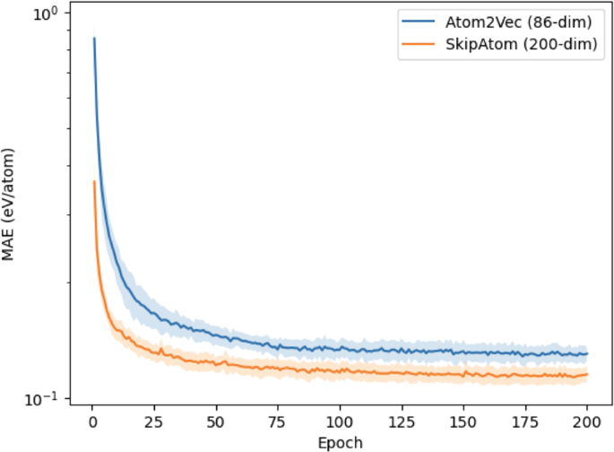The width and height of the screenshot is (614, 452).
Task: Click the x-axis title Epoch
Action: (x=338, y=442)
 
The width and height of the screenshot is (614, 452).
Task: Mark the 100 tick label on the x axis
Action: (x=339, y=422)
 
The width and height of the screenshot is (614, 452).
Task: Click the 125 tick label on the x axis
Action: (x=401, y=422)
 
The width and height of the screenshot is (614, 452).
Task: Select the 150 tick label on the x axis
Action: (x=463, y=422)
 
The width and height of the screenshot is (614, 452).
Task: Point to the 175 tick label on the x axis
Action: (x=525, y=422)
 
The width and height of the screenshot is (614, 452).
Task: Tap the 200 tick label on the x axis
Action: (x=587, y=422)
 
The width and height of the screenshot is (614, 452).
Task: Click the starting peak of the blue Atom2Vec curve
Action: (x=94, y=39)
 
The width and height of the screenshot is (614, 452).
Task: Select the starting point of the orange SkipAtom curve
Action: (x=94, y=182)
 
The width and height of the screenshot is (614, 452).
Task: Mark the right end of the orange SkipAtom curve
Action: (x=587, y=374)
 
